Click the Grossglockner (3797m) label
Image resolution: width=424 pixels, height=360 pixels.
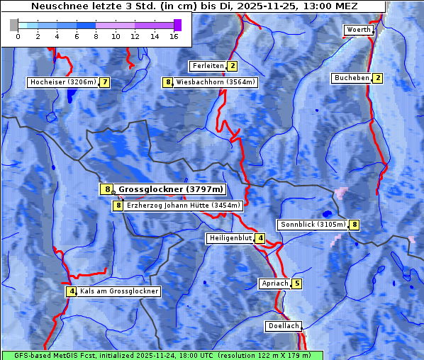click(x=170, y=189)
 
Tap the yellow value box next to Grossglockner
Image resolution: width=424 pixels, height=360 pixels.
click(x=106, y=189)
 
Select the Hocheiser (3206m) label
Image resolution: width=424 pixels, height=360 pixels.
click(x=62, y=82)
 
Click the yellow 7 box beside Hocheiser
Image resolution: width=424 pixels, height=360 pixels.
click(x=105, y=82)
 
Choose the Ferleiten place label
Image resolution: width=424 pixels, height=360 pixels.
click(x=208, y=66)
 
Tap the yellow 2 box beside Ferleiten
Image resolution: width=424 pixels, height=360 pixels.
click(x=233, y=66)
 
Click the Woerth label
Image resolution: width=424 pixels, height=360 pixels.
click(x=357, y=30)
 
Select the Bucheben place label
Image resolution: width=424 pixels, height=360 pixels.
click(x=352, y=78)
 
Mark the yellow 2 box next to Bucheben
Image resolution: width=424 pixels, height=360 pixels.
click(x=378, y=78)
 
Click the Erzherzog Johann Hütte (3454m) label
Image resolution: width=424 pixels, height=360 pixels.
click(x=184, y=206)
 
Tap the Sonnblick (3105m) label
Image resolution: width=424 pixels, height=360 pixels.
click(x=313, y=225)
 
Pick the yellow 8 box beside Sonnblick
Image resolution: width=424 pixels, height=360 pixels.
click(x=355, y=225)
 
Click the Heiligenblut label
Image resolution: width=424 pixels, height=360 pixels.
click(x=230, y=238)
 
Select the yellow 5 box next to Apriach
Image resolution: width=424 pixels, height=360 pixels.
click(x=296, y=284)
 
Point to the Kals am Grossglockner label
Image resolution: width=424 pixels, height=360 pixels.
click(x=118, y=291)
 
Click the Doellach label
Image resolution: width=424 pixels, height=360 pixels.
click(x=284, y=327)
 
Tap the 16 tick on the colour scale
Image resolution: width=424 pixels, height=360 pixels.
click(x=174, y=35)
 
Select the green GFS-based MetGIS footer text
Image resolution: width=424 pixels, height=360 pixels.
click(x=162, y=355)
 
